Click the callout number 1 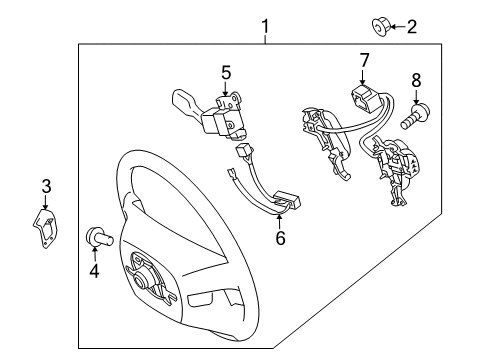point(265,24)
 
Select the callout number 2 point(410,27)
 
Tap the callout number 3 point(45,185)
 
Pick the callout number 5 point(226,72)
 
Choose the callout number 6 point(280,239)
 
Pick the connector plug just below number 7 point(364,98)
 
